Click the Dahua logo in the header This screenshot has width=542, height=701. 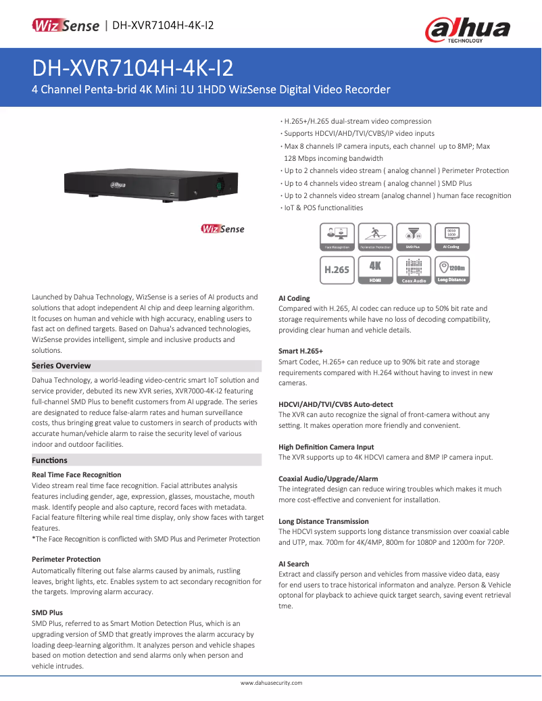coord(467,30)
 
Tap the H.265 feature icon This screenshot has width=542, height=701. coord(337,269)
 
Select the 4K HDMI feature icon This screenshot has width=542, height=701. coord(376,269)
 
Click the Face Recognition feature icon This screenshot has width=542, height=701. coord(337,237)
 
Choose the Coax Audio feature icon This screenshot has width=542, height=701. coord(414,269)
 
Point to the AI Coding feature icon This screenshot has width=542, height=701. coord(451,237)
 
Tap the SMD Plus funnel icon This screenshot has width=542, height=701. coord(413,237)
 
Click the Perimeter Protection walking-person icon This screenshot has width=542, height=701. coord(376,237)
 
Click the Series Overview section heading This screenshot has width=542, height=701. coord(61,366)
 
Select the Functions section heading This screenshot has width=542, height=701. coord(50,460)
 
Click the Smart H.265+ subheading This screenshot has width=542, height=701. coord(301,352)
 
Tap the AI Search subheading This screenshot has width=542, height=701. coord(293,564)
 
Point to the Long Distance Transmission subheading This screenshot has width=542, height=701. coord(324,521)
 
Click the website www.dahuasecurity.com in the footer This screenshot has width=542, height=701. coord(271,683)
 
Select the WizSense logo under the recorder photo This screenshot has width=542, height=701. coord(223,229)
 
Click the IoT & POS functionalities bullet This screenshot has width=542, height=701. coord(324,208)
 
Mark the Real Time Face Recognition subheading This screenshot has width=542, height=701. coord(76,475)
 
